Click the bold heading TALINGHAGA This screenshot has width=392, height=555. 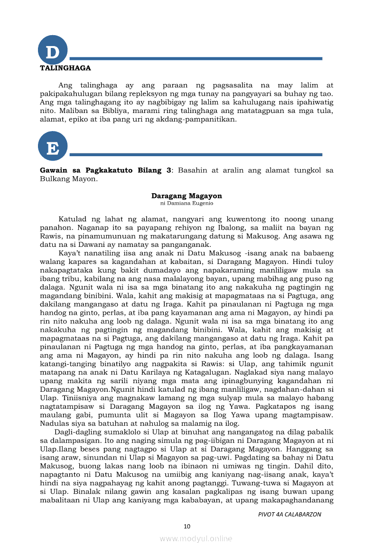point(65,68)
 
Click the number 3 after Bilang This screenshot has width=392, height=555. point(168,170)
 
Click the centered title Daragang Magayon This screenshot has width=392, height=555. point(187,196)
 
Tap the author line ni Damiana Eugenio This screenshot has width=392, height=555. point(187,203)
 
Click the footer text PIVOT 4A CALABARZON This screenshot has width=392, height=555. point(289,515)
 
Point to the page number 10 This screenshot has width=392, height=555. point(187,526)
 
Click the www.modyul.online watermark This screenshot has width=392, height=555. point(196,538)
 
